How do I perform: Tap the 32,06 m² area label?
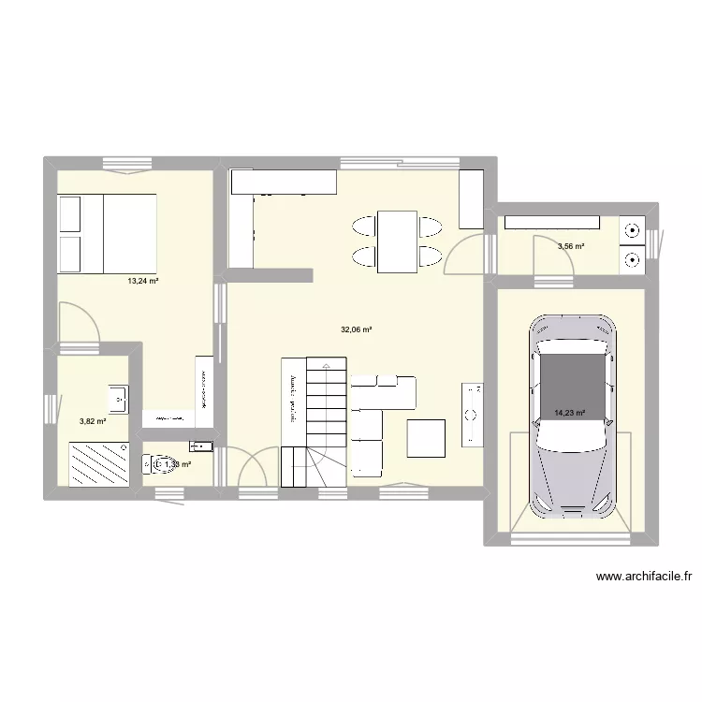click(357, 329)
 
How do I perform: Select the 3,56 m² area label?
click(571, 247)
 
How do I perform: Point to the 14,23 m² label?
click(569, 412)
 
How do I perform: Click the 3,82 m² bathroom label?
click(93, 421)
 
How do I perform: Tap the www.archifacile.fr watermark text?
click(649, 578)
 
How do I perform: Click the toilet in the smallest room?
click(154, 463)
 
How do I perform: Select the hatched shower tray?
click(97, 463)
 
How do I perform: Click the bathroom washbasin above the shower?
click(119, 398)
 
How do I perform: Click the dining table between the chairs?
click(398, 241)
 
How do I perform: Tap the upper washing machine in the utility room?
click(633, 227)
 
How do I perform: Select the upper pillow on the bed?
click(71, 214)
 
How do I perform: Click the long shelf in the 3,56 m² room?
click(551, 222)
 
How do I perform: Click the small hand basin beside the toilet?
click(201, 446)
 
